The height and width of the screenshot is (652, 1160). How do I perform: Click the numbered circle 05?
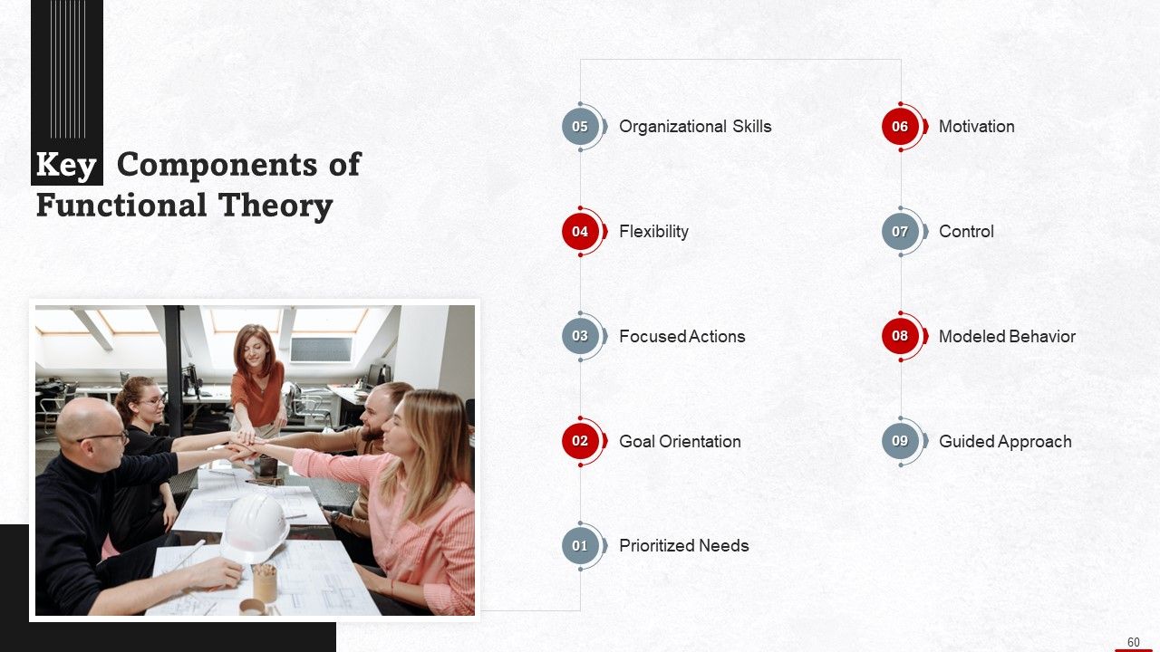[x=580, y=127]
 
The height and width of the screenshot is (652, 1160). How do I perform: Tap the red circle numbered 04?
[x=580, y=232]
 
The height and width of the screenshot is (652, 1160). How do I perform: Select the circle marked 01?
[x=580, y=546]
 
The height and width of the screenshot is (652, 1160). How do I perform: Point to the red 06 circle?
[x=900, y=127]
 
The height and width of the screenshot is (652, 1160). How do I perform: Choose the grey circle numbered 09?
[x=900, y=441]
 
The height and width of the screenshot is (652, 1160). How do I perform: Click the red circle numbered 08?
[x=900, y=336]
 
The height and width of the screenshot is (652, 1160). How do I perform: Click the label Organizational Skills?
[x=695, y=127]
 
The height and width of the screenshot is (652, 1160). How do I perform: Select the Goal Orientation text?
[x=680, y=442]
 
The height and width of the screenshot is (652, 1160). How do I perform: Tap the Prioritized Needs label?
[x=683, y=546]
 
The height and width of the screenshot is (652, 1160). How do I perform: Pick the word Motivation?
[x=976, y=127]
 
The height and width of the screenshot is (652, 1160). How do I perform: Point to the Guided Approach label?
[x=1005, y=442]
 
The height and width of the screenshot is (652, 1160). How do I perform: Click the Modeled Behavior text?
[x=1007, y=337]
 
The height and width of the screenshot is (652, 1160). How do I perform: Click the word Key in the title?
[x=66, y=166]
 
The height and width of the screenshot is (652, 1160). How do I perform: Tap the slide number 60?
[x=1133, y=642]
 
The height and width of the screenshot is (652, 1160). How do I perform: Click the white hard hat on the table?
[x=255, y=524]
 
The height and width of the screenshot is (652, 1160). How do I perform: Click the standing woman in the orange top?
[x=256, y=376]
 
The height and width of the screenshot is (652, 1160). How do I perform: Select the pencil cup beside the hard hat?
[x=265, y=581]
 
